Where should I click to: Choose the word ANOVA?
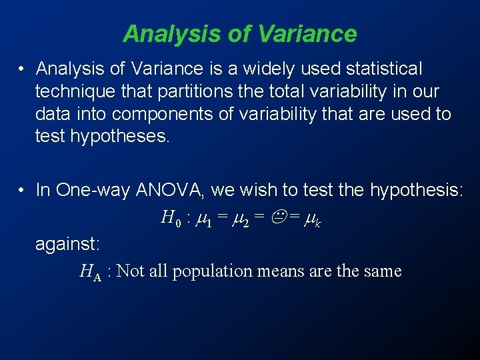pyautogui.click(x=171, y=190)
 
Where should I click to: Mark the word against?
pyautogui.click(x=67, y=243)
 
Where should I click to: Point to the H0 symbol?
pyautogui.click(x=168, y=217)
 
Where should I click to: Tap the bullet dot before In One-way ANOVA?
pyautogui.click(x=22, y=190)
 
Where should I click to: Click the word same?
pyautogui.click(x=384, y=271)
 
